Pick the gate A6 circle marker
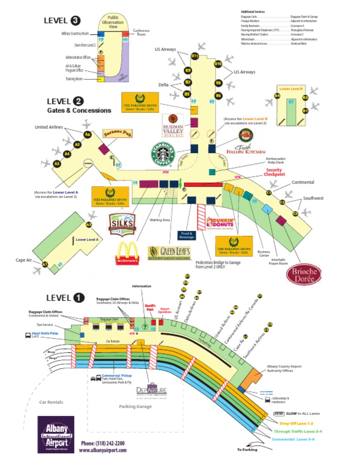[87, 135]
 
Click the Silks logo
[122, 225]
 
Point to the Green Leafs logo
[169, 253]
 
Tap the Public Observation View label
[112, 22]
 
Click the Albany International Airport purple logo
[56, 435]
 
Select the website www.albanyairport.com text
[103, 450]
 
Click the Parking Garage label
[135, 406]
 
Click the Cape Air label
[23, 260]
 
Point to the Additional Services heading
[253, 11]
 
